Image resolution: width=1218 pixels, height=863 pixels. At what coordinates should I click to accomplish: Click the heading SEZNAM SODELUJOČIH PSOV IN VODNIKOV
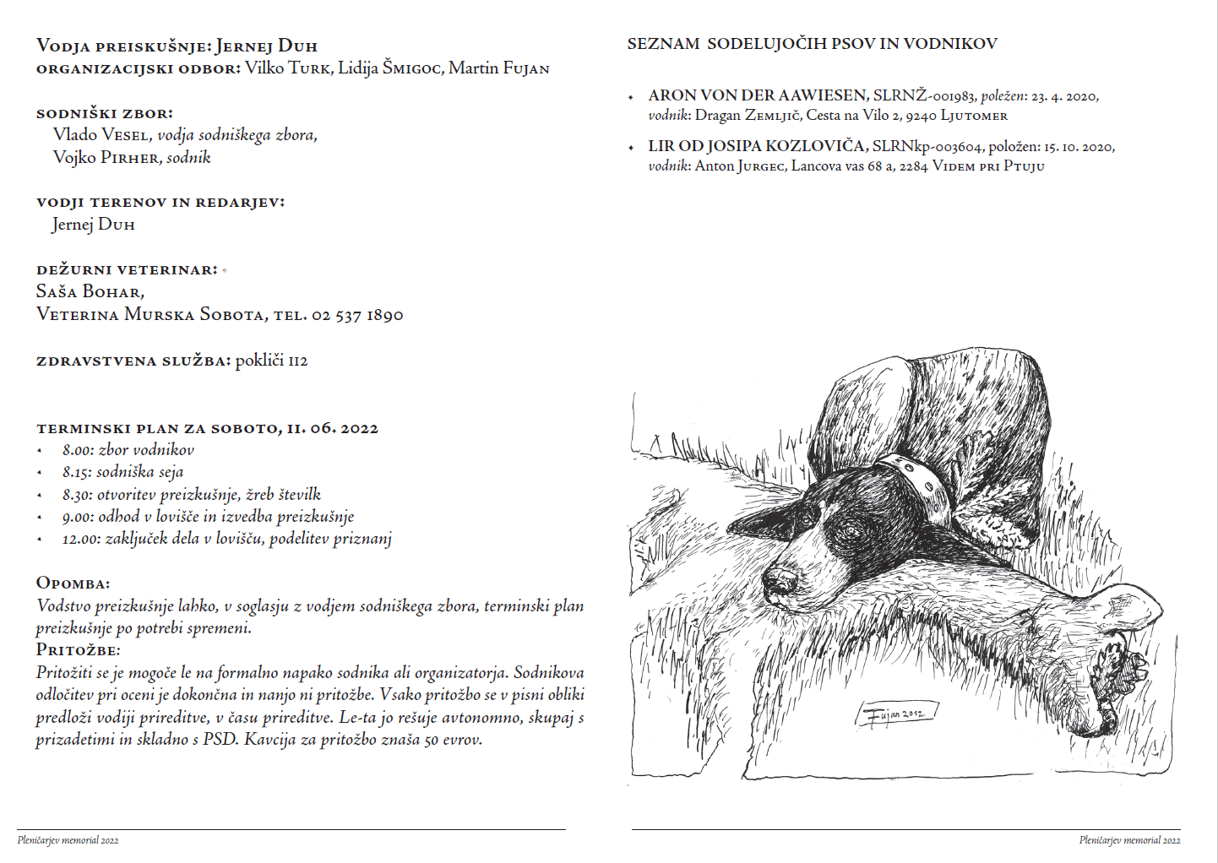click(x=812, y=44)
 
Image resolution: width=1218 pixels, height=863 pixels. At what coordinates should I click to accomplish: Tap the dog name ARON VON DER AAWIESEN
click(x=758, y=95)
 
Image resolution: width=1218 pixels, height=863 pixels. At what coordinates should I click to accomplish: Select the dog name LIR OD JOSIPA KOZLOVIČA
click(x=756, y=146)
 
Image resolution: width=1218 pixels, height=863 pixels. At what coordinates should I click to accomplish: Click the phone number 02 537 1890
click(x=357, y=315)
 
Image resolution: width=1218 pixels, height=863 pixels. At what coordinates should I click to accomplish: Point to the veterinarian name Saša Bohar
click(x=90, y=291)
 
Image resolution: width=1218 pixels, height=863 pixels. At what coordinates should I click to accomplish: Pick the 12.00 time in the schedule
click(x=80, y=539)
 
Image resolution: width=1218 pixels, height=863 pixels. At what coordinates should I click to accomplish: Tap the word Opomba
click(x=73, y=583)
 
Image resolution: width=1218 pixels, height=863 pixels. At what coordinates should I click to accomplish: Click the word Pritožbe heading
click(x=78, y=650)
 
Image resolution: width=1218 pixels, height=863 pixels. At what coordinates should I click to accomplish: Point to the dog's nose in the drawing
click(x=779, y=580)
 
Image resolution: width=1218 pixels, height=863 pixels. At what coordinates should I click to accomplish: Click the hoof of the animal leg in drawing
click(x=1119, y=667)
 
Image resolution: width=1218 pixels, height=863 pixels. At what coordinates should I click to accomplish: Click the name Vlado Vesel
click(x=101, y=135)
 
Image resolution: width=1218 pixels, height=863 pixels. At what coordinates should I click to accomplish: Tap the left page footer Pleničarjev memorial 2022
click(x=68, y=840)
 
